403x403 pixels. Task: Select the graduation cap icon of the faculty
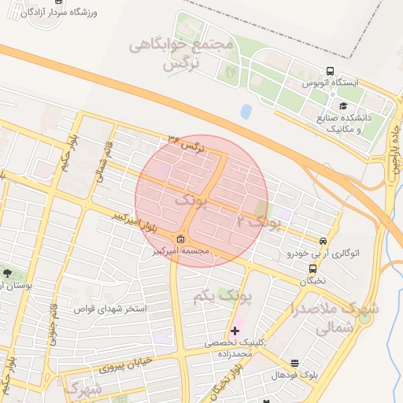point(342,105)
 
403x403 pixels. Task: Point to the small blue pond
point(246,112)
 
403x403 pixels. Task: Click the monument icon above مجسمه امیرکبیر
point(181,239)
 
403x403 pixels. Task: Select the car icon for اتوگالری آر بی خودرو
point(323,241)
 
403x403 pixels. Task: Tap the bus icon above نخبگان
point(313,268)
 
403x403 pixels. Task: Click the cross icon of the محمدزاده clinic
point(235,331)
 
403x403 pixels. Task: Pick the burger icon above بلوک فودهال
point(294,363)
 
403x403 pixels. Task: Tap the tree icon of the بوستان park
point(8,273)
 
